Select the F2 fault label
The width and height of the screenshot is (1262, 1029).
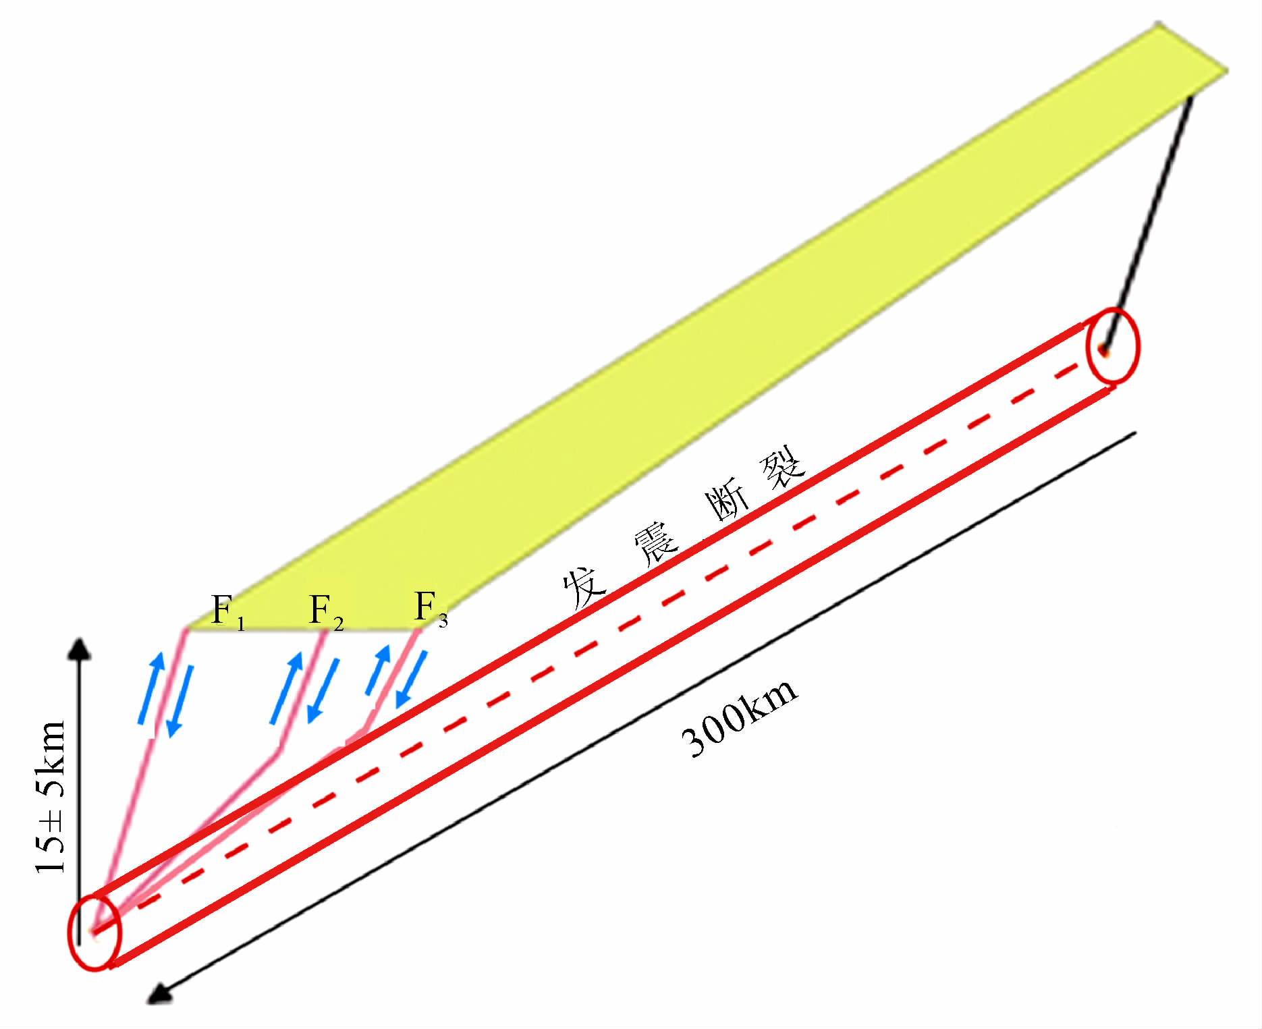click(x=326, y=612)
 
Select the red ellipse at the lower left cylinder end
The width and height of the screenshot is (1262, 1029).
click(x=94, y=933)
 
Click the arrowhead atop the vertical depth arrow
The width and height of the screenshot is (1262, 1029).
click(x=80, y=648)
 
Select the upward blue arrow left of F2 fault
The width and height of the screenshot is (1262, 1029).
click(x=286, y=688)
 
